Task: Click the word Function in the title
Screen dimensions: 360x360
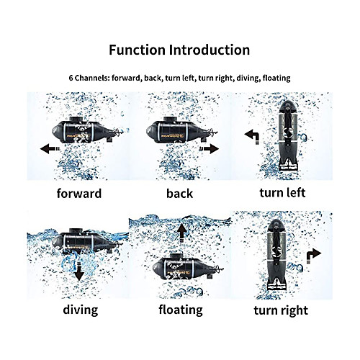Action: [x=137, y=50]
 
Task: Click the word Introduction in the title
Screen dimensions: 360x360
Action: [x=210, y=50]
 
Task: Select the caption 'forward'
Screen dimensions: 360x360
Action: [x=79, y=194]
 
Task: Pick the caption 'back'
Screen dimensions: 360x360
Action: [x=179, y=194]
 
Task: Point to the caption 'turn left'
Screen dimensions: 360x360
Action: [x=282, y=192]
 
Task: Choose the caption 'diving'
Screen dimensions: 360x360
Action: [x=81, y=310]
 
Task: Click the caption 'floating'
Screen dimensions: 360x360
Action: [x=181, y=310]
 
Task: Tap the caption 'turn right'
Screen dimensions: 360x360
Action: [x=281, y=310]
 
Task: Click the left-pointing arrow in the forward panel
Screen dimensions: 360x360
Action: [x=50, y=149]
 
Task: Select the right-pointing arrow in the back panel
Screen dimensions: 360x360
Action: [x=209, y=149]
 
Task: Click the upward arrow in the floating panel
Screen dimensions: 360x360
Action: [x=182, y=233]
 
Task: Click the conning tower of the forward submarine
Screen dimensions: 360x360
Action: [x=76, y=120]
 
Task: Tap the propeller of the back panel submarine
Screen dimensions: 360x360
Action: [x=213, y=132]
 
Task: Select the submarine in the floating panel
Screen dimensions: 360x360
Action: [x=188, y=266]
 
